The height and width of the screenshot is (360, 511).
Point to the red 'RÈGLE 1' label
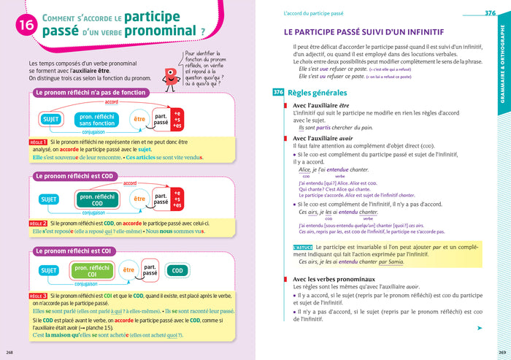coord(39,142)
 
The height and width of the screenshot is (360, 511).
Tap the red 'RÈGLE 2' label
coord(39,223)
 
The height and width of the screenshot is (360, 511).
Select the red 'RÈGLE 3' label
coord(39,296)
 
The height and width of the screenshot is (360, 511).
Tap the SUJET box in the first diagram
coord(52,119)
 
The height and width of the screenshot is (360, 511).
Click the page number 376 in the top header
coord(489,13)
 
